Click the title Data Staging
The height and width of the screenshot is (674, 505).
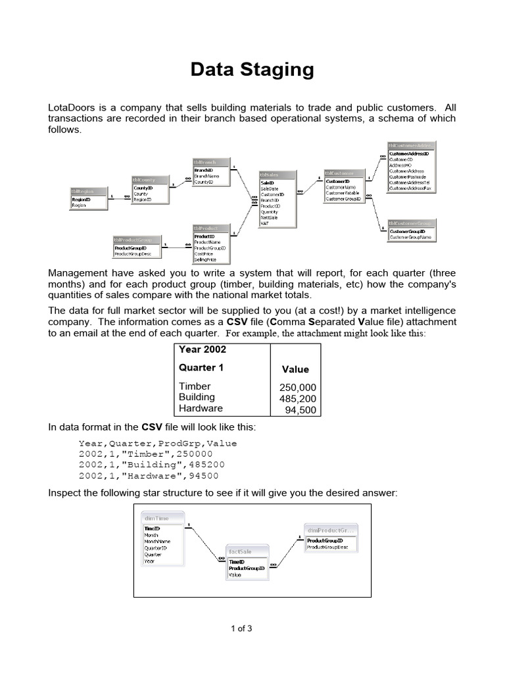coord(252,69)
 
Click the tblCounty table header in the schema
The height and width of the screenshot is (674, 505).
coord(151,179)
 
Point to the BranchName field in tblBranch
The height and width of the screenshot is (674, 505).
coord(207,176)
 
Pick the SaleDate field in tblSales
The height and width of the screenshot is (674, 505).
coord(270,188)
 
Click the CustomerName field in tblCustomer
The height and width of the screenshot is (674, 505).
coord(341,187)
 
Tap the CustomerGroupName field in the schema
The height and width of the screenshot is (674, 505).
coord(410,237)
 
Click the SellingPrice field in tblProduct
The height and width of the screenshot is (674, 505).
coord(206,260)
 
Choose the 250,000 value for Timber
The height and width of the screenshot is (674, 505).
coord(298,388)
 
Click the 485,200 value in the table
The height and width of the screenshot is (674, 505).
coord(298,399)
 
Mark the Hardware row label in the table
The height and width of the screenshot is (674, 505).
coord(201,408)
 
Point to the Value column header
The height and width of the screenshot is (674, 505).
coord(295,369)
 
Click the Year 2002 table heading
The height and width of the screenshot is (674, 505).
coord(203,350)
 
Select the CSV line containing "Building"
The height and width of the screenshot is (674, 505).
coord(148,465)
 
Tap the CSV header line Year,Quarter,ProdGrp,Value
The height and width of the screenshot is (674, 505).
coord(158,443)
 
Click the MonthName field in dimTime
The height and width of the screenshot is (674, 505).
coord(158,542)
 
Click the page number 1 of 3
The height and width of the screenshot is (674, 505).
coord(241,629)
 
